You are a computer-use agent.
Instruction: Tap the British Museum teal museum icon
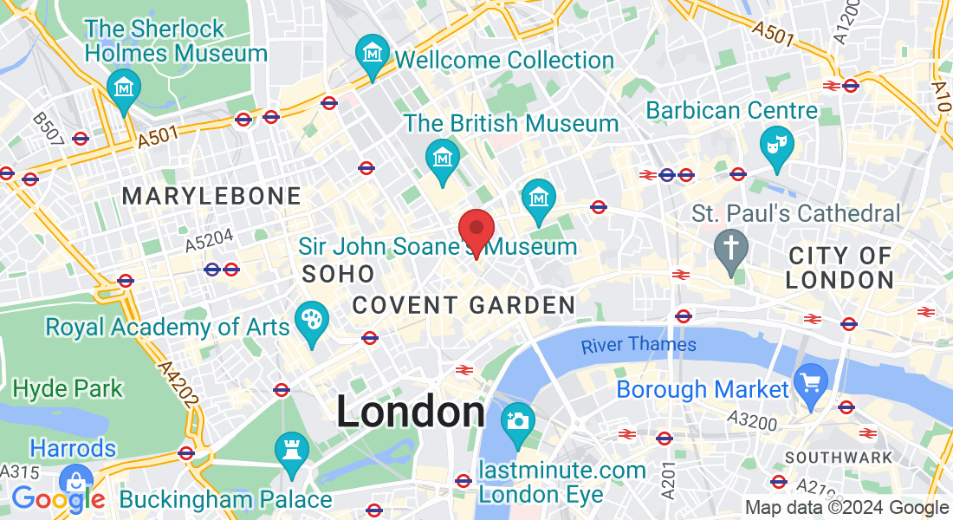[443, 159]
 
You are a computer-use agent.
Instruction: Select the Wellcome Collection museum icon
[373, 55]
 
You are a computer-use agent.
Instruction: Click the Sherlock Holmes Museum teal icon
[124, 88]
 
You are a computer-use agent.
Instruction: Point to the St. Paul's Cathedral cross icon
[730, 250]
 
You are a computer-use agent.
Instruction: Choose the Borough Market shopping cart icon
[812, 383]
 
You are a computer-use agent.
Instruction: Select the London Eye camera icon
[518, 422]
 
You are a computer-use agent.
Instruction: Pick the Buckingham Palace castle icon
[291, 452]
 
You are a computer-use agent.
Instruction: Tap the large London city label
[411, 412]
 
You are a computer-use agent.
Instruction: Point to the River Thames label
[639, 345]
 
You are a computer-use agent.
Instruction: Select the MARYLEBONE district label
[211, 196]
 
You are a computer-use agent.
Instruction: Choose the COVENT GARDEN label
[464, 305]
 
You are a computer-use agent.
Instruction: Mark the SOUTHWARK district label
[838, 457]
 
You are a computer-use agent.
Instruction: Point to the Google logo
[57, 498]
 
